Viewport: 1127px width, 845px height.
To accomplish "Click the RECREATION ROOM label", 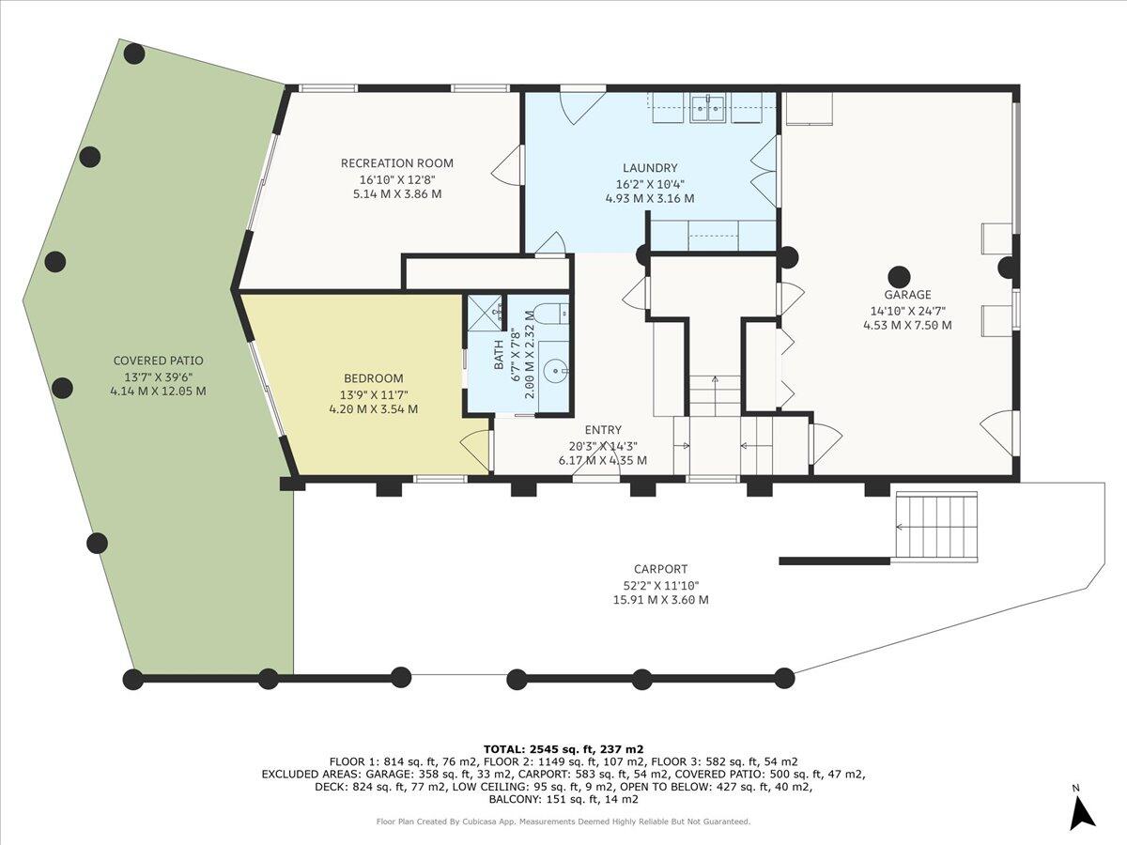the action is pos(397,163).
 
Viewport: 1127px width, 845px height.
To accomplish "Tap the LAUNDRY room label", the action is pos(650,168).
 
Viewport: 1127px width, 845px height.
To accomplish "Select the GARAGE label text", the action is pos(907,295).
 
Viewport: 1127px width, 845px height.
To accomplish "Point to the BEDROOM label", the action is pos(373,378).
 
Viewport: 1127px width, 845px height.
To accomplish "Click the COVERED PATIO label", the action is pos(158,361).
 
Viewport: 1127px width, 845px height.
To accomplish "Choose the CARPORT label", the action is pos(660,569).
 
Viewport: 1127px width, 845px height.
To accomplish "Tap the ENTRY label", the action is pos(603,430).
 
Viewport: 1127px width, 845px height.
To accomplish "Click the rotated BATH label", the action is pos(499,355).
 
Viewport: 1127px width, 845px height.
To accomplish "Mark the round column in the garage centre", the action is pos(899,277).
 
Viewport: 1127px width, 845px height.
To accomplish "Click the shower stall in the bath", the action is pos(486,313).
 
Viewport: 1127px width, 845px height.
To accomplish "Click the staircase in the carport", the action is pos(936,526).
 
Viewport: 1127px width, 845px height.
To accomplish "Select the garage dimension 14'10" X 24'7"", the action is pos(907,311).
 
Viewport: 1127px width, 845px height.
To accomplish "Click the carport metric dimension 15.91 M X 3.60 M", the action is pos(660,600).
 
